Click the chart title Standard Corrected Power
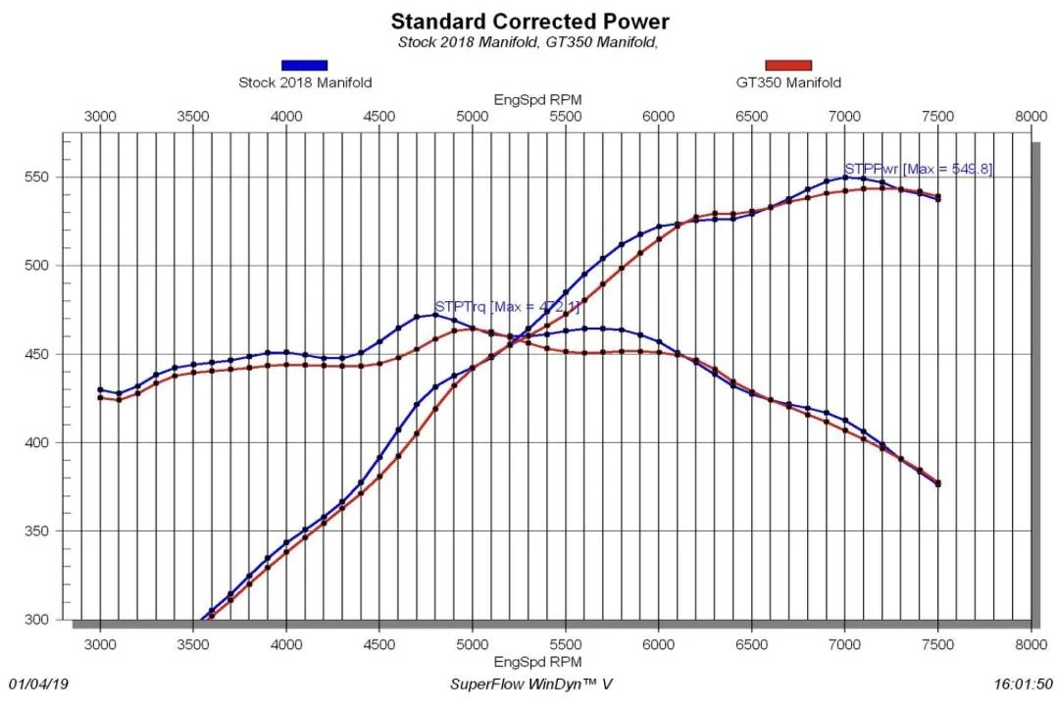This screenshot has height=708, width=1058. coord(529,21)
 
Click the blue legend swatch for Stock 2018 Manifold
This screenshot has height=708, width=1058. coord(304,65)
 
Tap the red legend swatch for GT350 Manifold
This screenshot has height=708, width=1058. coord(788,65)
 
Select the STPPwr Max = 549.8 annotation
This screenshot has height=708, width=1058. coord(919,169)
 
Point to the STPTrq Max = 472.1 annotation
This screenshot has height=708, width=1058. coord(507,306)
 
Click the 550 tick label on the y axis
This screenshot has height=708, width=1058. coord(36,177)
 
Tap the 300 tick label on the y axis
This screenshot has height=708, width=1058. coord(36,620)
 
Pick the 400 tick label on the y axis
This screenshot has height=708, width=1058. coord(36,443)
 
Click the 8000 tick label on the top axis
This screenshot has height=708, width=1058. coord(1031,116)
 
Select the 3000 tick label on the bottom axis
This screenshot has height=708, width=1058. coord(100,644)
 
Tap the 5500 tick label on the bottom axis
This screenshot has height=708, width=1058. coord(566,644)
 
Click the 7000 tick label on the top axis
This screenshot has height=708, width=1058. coord(845,116)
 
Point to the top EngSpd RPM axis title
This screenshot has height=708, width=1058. coord(537,100)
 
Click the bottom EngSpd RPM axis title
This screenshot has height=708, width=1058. coord(537,662)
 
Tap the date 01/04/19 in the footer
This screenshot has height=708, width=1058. coord(38,684)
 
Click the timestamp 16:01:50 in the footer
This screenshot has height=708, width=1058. coord(1023,684)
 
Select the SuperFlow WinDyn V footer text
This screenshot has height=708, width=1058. coord(531,684)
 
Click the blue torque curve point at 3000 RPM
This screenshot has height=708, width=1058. coord(101,390)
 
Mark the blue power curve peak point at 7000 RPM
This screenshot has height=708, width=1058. coord(845,177)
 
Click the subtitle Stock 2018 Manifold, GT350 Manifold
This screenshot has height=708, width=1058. coord(528,42)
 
